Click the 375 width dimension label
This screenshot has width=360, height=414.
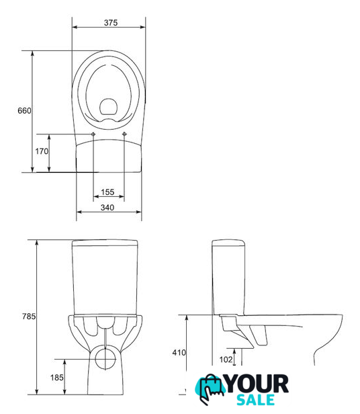click(x=111, y=23)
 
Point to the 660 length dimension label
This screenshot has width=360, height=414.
click(x=24, y=111)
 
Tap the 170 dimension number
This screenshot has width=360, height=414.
click(x=42, y=151)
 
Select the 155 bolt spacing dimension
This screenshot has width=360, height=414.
click(x=107, y=192)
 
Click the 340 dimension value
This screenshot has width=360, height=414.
click(x=107, y=208)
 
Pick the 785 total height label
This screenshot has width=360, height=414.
click(x=29, y=316)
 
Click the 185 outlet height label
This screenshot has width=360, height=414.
click(x=57, y=378)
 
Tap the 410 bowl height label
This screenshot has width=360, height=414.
click(x=179, y=352)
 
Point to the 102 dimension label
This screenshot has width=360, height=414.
click(x=226, y=360)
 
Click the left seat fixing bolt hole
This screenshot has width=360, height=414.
click(x=93, y=134)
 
